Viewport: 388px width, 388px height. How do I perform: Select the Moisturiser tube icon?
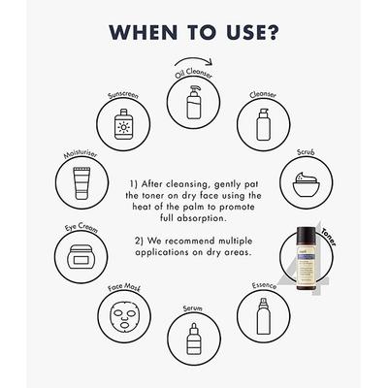[x=81, y=181]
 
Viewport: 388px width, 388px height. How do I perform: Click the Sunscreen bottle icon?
[x=123, y=123]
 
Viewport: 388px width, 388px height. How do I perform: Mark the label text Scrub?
[x=305, y=153]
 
